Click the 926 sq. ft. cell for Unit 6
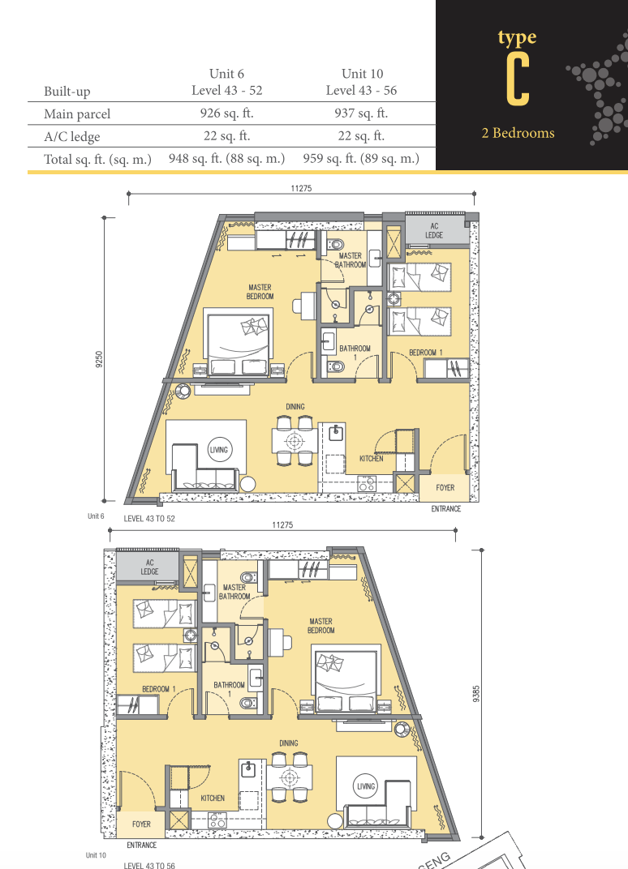[x=226, y=113]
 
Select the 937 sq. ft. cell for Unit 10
[x=360, y=113]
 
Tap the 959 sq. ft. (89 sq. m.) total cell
[x=360, y=159]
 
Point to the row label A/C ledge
[x=72, y=136]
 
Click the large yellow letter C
[x=518, y=80]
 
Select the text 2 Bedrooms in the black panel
[x=518, y=133]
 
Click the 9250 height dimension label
[x=99, y=359]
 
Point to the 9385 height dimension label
[x=476, y=694]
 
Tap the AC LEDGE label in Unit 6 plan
[x=434, y=230]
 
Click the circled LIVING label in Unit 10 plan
[x=366, y=786]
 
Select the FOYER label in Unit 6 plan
[x=445, y=488]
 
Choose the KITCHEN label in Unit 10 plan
[x=213, y=798]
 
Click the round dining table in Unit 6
[x=294, y=441]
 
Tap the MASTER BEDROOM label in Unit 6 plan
[x=260, y=292]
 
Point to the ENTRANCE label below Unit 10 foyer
[x=141, y=845]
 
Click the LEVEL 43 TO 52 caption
[x=149, y=519]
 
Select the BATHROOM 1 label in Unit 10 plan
[x=229, y=689]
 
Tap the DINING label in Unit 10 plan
[x=289, y=743]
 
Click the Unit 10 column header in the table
[x=362, y=74]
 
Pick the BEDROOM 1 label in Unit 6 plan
[x=425, y=353]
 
